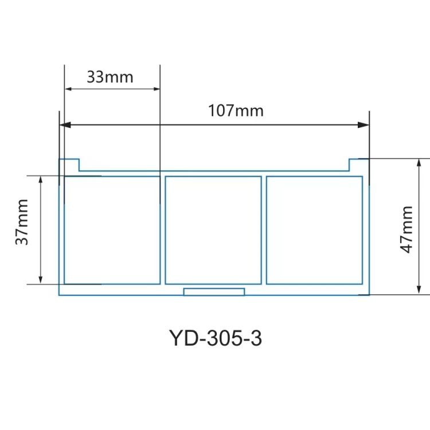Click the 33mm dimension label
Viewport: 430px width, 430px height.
click(x=110, y=76)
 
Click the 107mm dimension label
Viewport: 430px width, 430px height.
click(x=236, y=110)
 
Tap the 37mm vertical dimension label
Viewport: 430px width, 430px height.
click(x=22, y=229)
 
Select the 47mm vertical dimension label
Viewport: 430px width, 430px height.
click(x=407, y=229)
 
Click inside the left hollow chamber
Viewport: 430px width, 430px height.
click(x=112, y=230)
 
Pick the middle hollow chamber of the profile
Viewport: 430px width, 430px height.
click(x=213, y=230)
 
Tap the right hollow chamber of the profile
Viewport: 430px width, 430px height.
click(x=314, y=230)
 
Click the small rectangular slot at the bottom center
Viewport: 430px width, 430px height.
click(x=214, y=292)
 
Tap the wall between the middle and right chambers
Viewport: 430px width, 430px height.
click(x=264, y=230)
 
